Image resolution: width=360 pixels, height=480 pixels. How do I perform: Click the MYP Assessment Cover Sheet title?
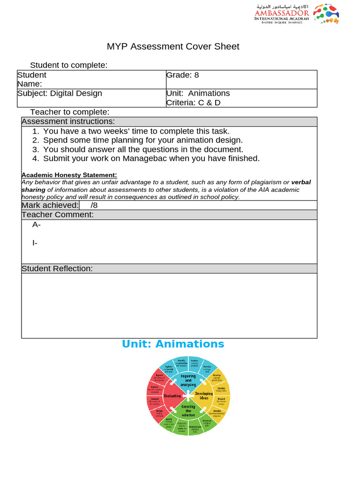pos(173,46)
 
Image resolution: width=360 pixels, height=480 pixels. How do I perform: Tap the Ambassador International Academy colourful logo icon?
pos(326,14)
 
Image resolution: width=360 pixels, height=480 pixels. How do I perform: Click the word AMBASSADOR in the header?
pos(282,13)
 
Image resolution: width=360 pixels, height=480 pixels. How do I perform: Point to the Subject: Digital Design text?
pos(60,93)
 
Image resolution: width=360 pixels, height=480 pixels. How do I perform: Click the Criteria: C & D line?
pos(193,102)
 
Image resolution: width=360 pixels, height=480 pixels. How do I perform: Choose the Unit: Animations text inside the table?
pos(198,93)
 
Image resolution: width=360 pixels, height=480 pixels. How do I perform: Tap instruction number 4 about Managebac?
pos(151,158)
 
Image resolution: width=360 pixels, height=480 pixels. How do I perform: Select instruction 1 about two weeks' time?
pos(136,131)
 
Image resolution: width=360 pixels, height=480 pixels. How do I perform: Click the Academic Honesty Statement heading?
pos(69,175)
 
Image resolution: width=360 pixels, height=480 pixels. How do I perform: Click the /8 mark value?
pos(94,205)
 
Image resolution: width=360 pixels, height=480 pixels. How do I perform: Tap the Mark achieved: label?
pos(50,205)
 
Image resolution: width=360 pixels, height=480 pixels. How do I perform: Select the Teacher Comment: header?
pos(58,215)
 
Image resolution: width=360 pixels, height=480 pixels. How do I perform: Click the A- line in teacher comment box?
pos(37,225)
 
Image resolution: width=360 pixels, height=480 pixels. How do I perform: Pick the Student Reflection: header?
pos(57,269)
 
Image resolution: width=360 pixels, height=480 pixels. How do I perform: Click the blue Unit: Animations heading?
pos(173,344)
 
